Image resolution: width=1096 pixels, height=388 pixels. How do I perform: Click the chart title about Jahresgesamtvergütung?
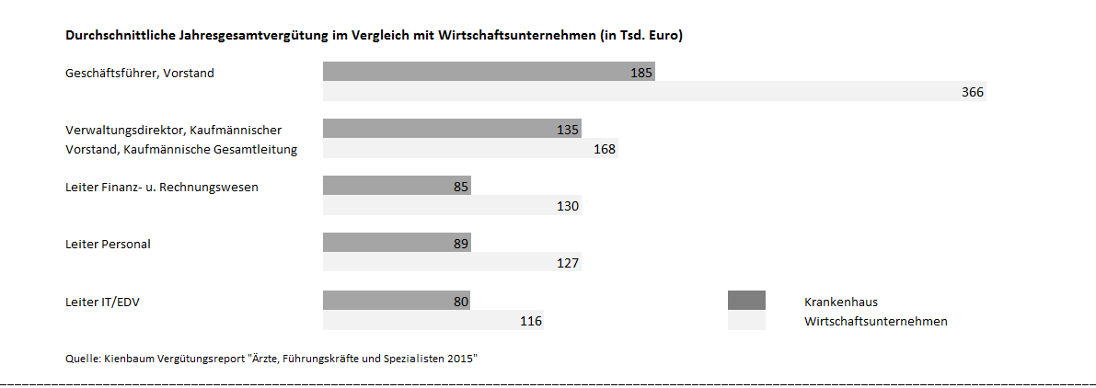pyautogui.click(x=374, y=36)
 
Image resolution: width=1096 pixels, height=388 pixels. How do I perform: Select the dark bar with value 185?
pyautogui.click(x=488, y=73)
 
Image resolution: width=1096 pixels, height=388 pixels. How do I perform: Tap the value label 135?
pyautogui.click(x=568, y=130)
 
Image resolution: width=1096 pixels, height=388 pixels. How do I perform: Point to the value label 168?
pyautogui.click(x=605, y=149)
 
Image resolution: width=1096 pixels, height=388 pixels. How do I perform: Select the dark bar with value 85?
pyautogui.click(x=396, y=187)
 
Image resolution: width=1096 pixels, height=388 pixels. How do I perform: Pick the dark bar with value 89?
pyautogui.click(x=396, y=244)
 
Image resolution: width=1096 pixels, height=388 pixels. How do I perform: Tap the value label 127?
pyautogui.click(x=568, y=264)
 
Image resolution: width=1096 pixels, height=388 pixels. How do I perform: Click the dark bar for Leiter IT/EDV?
pyautogui.click(x=396, y=301)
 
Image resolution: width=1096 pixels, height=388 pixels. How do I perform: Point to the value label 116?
pyautogui.click(x=531, y=321)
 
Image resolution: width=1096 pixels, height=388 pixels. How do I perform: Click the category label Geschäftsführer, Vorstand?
pyautogui.click(x=140, y=73)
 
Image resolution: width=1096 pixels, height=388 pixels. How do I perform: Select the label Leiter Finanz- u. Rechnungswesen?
pyautogui.click(x=162, y=187)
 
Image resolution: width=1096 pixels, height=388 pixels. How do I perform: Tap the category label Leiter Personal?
pyautogui.click(x=108, y=244)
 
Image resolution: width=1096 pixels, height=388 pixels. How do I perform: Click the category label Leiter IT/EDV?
pyautogui.click(x=102, y=301)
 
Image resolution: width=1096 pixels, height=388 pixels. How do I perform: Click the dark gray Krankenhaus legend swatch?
pyautogui.click(x=745, y=301)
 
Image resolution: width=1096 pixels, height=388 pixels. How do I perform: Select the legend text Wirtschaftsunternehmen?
pyautogui.click(x=875, y=321)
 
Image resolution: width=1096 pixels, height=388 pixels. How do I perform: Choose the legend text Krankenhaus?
pyautogui.click(x=840, y=301)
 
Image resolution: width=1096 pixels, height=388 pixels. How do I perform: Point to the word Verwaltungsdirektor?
pyautogui.click(x=123, y=130)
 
